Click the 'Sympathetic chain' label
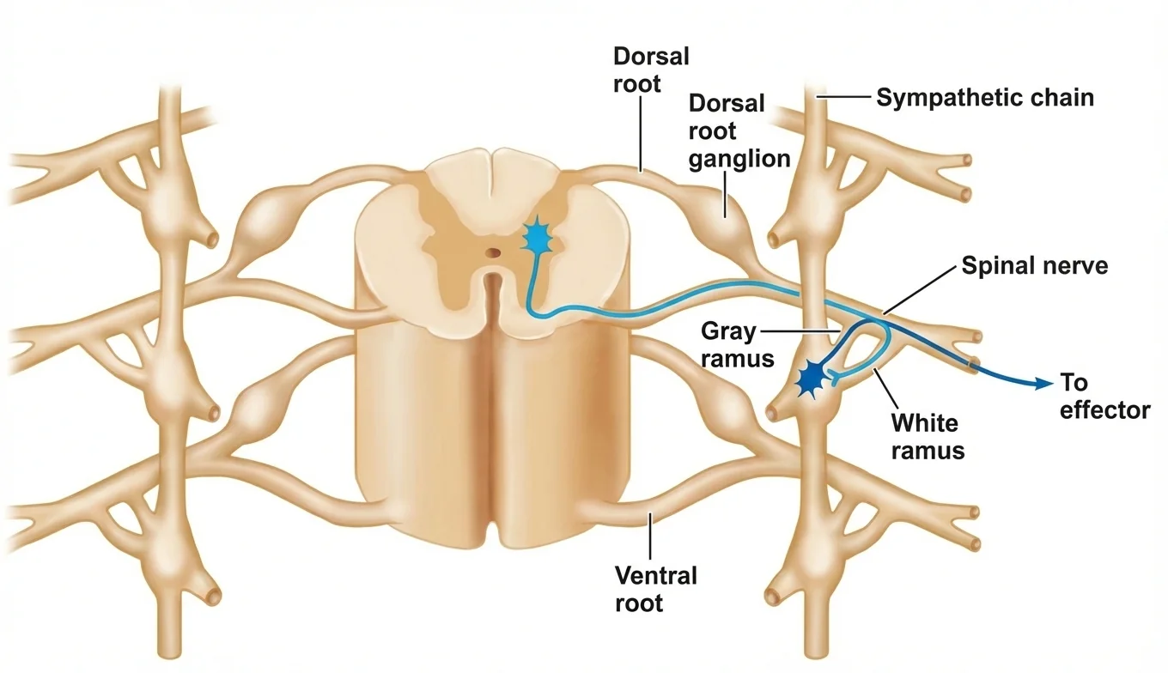pyautogui.click(x=984, y=98)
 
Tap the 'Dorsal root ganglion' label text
pyautogui.click(x=739, y=131)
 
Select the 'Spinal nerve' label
pyautogui.click(x=1035, y=265)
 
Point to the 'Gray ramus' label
pyautogui.click(x=737, y=344)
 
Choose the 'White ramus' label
pyautogui.click(x=928, y=437)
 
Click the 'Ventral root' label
pyautogui.click(x=656, y=590)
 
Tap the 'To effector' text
pyautogui.click(x=1105, y=397)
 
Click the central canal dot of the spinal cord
pyautogui.click(x=492, y=253)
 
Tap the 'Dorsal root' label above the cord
pyautogui.click(x=651, y=70)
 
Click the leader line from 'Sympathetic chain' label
pyautogui.click(x=843, y=96)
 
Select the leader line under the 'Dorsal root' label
pyautogui.click(x=641, y=134)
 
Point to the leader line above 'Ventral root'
pyautogui.click(x=649, y=536)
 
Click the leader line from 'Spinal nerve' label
pyautogui.click(x=919, y=289)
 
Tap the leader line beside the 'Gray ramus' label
pyautogui.click(x=800, y=331)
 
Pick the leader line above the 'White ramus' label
pyautogui.click(x=886, y=388)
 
